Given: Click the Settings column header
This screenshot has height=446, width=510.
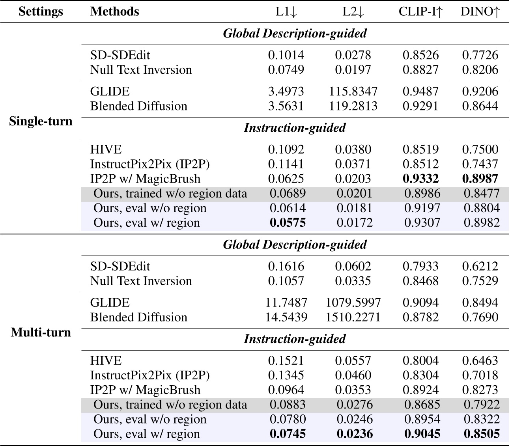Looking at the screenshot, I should click(41, 11).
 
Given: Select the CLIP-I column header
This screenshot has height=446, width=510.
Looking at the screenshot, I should click(420, 11).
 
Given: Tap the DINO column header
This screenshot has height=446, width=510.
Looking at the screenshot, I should click(480, 11).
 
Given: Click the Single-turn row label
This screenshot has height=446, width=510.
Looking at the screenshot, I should click(41, 121).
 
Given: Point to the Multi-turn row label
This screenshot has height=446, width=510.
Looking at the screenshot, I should click(41, 332).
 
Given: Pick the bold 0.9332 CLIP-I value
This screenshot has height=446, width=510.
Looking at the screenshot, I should click(420, 179).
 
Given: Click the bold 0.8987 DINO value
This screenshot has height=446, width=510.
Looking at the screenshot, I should click(480, 179).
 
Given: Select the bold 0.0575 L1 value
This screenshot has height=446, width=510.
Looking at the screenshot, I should click(287, 223).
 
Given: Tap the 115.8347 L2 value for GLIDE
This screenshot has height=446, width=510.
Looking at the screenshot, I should click(353, 91).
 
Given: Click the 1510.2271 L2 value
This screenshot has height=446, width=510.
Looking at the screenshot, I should click(353, 317).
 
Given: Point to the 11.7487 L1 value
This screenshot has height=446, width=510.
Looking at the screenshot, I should click(286, 302).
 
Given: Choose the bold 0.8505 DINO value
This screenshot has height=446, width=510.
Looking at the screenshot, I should click(481, 434).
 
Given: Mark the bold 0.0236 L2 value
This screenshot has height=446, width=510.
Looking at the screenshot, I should click(354, 434).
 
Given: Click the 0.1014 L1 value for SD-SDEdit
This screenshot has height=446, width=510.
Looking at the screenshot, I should click(286, 55).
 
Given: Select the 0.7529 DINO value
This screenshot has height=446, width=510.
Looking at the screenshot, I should click(480, 281).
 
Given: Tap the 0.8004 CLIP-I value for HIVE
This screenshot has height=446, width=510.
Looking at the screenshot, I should click(420, 361).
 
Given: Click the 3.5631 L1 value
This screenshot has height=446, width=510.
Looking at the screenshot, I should click(286, 106).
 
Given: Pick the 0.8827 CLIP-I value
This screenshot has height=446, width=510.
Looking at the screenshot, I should click(420, 70).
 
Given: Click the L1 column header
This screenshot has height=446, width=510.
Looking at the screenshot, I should click(286, 11).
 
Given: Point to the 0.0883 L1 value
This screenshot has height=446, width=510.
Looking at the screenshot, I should click(287, 405).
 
